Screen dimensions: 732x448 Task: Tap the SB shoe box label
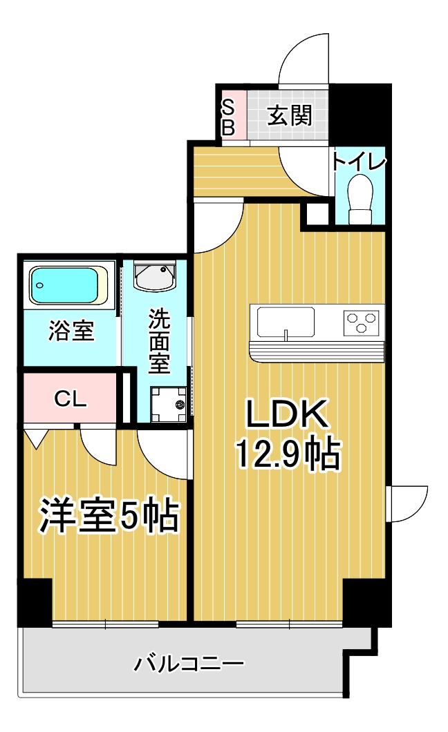(229, 117)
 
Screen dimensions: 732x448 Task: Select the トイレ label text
(358, 162)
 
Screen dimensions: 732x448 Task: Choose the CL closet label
(70, 398)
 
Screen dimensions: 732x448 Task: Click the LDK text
(286, 414)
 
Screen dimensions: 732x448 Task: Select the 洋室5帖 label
(109, 515)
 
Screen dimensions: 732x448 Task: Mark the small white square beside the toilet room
(317, 214)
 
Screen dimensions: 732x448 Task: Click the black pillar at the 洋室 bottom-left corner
(35, 602)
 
